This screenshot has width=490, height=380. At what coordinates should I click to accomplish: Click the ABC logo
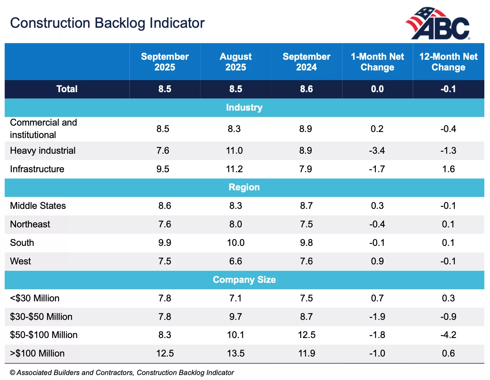tap(438, 23)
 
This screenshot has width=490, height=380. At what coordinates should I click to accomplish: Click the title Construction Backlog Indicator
tap(107, 23)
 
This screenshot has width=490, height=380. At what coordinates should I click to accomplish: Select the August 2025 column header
tap(235, 62)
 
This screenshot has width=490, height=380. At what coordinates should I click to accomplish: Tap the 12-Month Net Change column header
tap(448, 62)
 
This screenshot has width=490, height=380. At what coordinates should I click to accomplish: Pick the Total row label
tap(67, 89)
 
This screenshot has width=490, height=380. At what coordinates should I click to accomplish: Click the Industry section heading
tap(244, 107)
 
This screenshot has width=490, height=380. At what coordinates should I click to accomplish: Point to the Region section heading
tap(244, 187)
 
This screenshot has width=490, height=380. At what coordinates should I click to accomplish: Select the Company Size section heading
tap(244, 280)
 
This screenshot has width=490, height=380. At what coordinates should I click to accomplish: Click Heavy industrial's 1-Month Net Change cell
tap(377, 151)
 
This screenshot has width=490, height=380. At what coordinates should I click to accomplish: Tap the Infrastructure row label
tap(37, 169)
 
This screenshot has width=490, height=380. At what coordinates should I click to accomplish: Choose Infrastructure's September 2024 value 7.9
tap(306, 169)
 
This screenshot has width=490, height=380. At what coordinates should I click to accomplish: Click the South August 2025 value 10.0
tap(235, 243)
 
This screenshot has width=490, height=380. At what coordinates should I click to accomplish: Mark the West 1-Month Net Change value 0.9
tap(377, 261)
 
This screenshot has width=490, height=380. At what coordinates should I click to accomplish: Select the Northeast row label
tap(30, 224)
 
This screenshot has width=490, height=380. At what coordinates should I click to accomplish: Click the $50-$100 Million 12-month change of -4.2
tap(448, 335)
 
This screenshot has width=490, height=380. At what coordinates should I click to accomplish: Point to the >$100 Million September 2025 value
tap(165, 353)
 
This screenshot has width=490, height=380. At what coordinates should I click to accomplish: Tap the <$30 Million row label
tap(35, 298)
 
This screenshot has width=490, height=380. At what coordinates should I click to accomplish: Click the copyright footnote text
tap(122, 373)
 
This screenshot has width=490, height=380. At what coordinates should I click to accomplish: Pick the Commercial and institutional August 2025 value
tap(234, 129)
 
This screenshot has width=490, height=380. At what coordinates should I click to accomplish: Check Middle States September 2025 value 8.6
tap(165, 206)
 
